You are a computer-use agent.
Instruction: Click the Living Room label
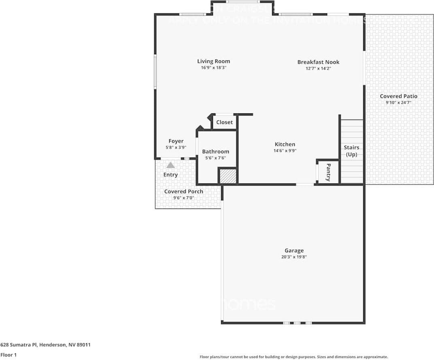point(213,62)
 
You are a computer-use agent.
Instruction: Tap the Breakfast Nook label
point(318,62)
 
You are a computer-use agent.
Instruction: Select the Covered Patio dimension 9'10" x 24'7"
point(398,103)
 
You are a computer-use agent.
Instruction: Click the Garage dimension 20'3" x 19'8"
point(294,257)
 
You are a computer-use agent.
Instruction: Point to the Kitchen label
point(285,144)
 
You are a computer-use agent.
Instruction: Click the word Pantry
point(328,172)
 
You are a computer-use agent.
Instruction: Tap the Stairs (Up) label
point(351,151)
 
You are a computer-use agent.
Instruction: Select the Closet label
point(224,122)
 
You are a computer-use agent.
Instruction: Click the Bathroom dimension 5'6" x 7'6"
point(215,158)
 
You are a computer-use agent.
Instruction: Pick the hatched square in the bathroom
point(228,176)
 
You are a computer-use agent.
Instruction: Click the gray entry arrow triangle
point(171,165)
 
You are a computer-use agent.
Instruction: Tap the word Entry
point(170,175)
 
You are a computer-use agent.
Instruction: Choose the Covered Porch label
point(184,192)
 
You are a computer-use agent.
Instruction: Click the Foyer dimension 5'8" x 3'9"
point(176,148)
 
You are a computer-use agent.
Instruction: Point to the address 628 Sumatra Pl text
point(45,345)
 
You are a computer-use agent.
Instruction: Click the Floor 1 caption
point(9,355)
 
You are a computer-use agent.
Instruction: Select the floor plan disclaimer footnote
point(294,357)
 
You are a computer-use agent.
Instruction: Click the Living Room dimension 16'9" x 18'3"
point(213,68)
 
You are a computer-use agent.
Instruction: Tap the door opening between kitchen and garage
point(305,185)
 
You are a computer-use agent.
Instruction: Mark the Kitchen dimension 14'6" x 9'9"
point(285,151)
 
